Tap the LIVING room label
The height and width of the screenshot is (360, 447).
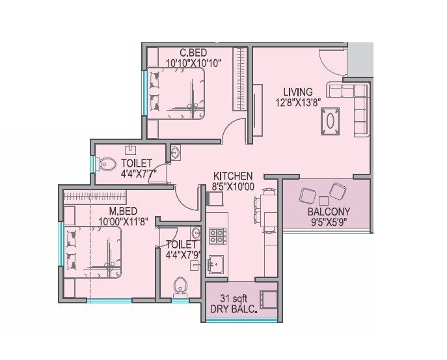coord(297,91)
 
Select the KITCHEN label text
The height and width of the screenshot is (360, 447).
coord(233,176)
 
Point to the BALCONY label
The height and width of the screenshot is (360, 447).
coord(329,211)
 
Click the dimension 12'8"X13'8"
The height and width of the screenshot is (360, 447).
coord(297,102)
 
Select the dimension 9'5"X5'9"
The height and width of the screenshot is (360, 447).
coord(329,222)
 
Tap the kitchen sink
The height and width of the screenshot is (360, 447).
coord(216,264)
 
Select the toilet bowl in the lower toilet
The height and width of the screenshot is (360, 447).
coord(180,284)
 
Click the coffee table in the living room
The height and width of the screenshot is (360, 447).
coord(331,121)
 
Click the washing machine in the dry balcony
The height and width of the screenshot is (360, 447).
coord(268,300)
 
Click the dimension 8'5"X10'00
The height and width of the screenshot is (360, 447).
coord(233,187)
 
